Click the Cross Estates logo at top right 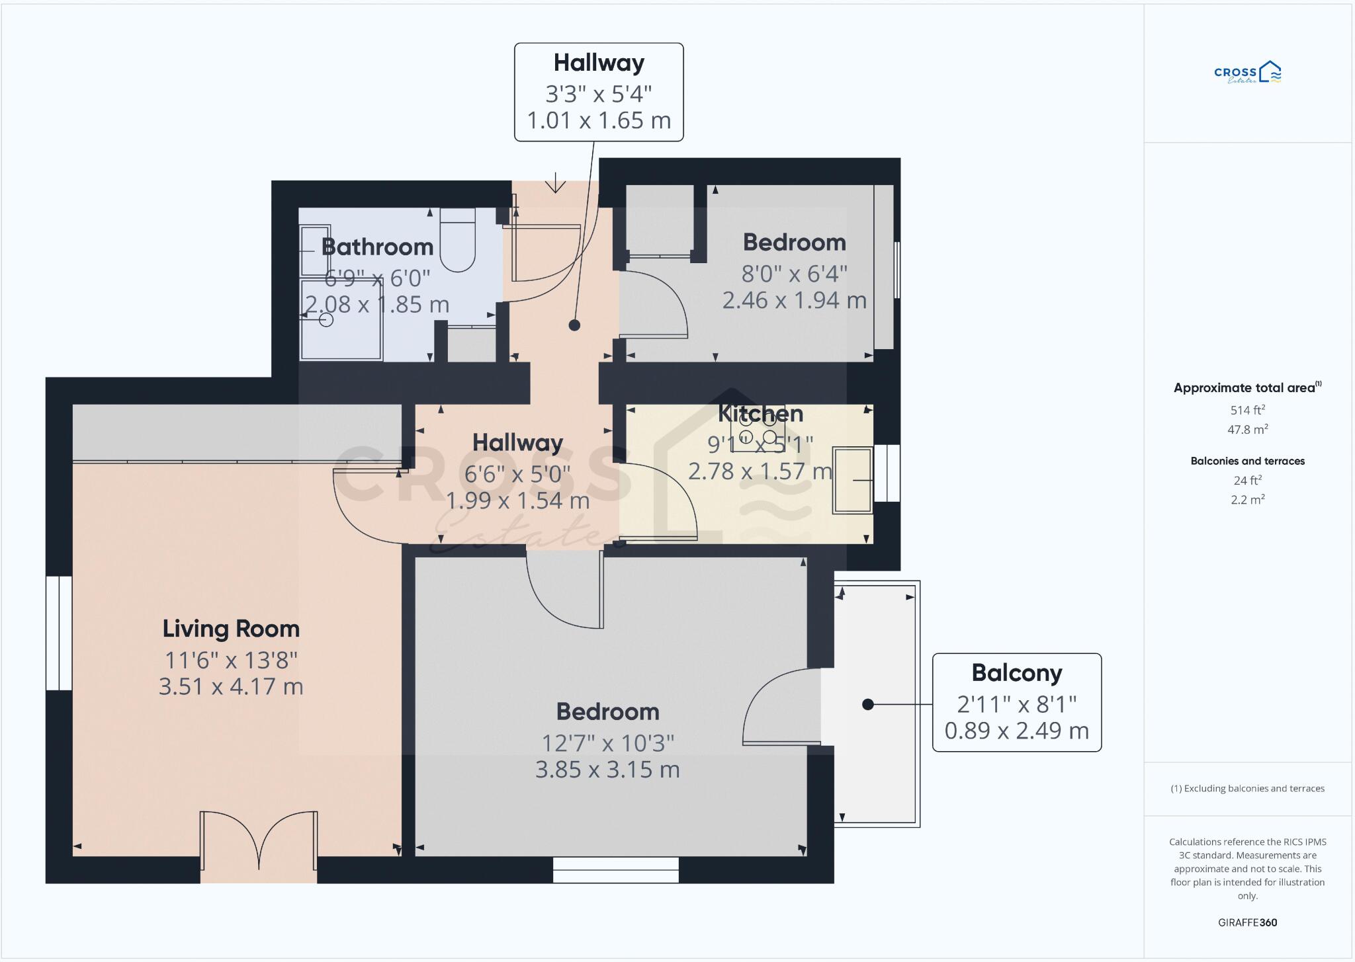(x=1248, y=73)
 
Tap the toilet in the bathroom (x=458, y=241)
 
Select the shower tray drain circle (x=326, y=320)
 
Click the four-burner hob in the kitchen (x=758, y=428)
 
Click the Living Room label (x=231, y=629)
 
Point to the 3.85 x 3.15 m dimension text (x=607, y=770)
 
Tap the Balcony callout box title (x=1017, y=673)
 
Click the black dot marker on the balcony (x=868, y=705)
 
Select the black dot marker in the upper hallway (x=574, y=325)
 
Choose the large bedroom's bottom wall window (x=616, y=869)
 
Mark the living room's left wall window (x=59, y=633)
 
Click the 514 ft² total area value (x=1247, y=410)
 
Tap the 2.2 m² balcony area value (x=1247, y=500)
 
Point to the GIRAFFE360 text (x=1247, y=922)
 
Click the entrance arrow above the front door (x=555, y=183)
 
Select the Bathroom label (x=377, y=247)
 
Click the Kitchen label (x=760, y=414)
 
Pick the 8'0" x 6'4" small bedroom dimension (x=794, y=273)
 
